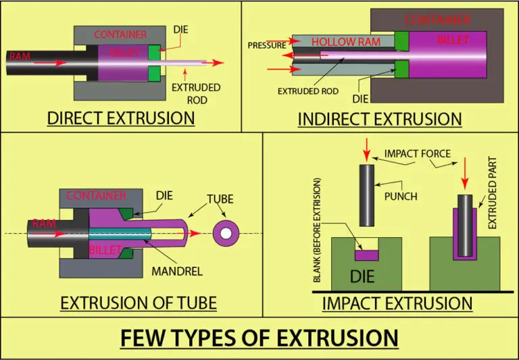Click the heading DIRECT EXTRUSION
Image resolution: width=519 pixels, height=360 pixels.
pos(121,118)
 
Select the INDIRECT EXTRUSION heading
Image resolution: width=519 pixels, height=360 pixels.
pos(380,119)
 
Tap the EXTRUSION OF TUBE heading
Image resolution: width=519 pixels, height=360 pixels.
pos(139,303)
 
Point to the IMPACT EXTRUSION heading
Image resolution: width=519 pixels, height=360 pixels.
pos(397,303)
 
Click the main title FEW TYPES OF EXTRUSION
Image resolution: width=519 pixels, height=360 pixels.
pos(259,337)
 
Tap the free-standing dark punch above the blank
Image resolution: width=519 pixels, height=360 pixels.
pos(366,195)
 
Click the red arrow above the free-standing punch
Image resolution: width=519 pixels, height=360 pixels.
pos(366,148)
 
